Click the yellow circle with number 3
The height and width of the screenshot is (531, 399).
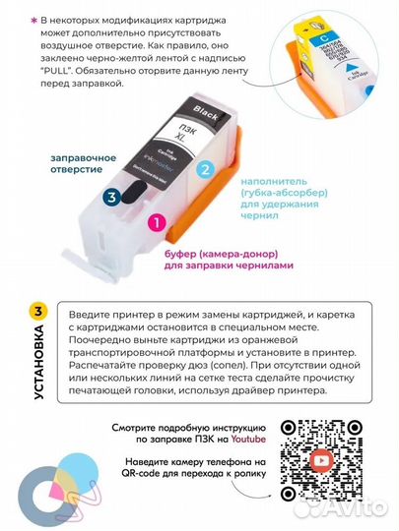(37, 312)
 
